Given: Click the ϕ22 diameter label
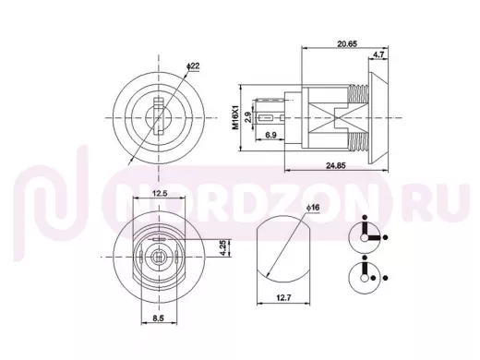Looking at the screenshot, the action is pyautogui.click(x=193, y=66).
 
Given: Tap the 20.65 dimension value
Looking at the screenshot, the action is pyautogui.click(x=347, y=43).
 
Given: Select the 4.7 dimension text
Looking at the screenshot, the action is pyautogui.click(x=378, y=54).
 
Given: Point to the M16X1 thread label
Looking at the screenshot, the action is pyautogui.click(x=235, y=117).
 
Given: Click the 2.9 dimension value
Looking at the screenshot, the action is pyautogui.click(x=248, y=117).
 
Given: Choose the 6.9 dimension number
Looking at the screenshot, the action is pyautogui.click(x=270, y=135).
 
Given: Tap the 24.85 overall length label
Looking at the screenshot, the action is pyautogui.click(x=336, y=165).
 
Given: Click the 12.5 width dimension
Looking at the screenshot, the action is pyautogui.click(x=160, y=193).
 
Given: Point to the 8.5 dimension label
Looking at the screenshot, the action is pyautogui.click(x=158, y=318).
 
